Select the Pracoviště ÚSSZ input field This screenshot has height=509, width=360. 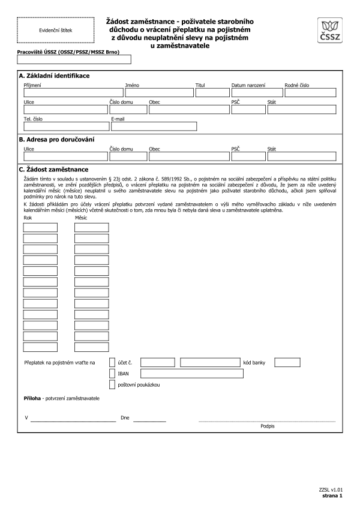(74, 59)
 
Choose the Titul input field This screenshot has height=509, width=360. (208, 92)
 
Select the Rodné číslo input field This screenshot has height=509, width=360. (310, 92)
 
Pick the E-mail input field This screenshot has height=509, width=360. (154, 127)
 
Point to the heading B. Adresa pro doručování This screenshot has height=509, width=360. (57, 140)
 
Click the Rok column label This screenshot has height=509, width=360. (28, 218)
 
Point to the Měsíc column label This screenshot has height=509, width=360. (81, 218)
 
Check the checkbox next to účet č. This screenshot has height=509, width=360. (112, 362)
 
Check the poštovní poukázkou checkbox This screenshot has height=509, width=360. (112, 384)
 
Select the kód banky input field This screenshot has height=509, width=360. (287, 362)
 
